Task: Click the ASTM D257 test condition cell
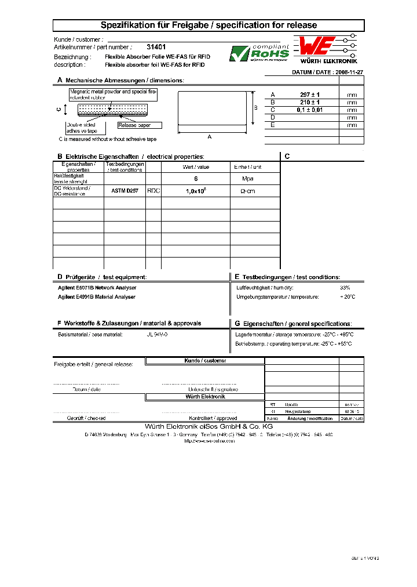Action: point(125,190)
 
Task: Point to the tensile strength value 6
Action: point(196,179)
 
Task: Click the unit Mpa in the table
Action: point(248,179)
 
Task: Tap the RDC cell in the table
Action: point(153,190)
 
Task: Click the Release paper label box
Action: point(140,125)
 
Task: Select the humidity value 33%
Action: point(345,288)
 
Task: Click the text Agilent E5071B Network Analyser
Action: point(97,288)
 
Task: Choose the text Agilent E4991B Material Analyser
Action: point(97,297)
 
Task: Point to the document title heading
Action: point(209,26)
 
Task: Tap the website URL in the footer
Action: point(209,441)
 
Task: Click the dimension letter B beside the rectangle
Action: point(255,108)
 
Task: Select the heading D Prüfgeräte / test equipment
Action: point(102,277)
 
